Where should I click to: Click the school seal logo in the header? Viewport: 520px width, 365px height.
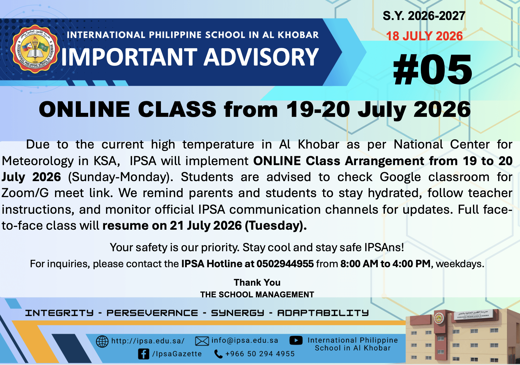[35, 49]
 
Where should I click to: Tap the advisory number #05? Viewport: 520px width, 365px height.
[432, 69]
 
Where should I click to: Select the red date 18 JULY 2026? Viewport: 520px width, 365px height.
[424, 36]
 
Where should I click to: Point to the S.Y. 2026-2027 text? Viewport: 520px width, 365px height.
[424, 16]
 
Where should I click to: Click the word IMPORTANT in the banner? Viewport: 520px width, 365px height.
[129, 57]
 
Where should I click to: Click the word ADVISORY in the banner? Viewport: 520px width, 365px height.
[261, 57]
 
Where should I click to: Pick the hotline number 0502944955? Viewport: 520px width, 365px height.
[285, 264]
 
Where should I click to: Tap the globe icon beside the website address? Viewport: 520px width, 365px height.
[102, 341]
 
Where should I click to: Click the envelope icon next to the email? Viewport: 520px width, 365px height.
[202, 341]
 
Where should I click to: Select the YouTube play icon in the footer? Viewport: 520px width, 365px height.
[296, 340]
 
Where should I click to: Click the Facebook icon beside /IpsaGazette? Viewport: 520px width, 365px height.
[144, 354]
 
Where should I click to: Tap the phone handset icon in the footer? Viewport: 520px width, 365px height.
[218, 354]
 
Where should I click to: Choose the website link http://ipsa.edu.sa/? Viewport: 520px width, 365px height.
[148, 341]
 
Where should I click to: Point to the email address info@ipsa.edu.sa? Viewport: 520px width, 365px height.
[245, 340]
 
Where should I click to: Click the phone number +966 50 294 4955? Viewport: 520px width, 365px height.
[260, 354]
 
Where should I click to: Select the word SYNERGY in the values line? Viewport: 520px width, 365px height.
[237, 313]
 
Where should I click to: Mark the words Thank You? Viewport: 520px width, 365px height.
[257, 283]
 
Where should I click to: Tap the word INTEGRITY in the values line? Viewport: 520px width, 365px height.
[59, 313]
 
